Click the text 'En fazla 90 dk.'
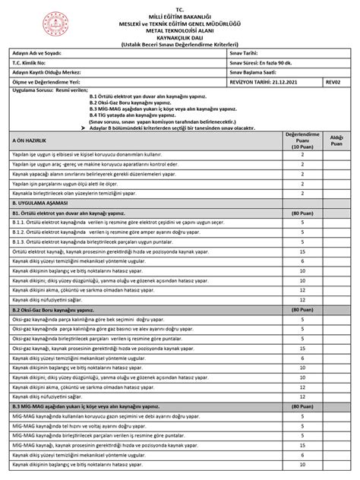tap(281, 63)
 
